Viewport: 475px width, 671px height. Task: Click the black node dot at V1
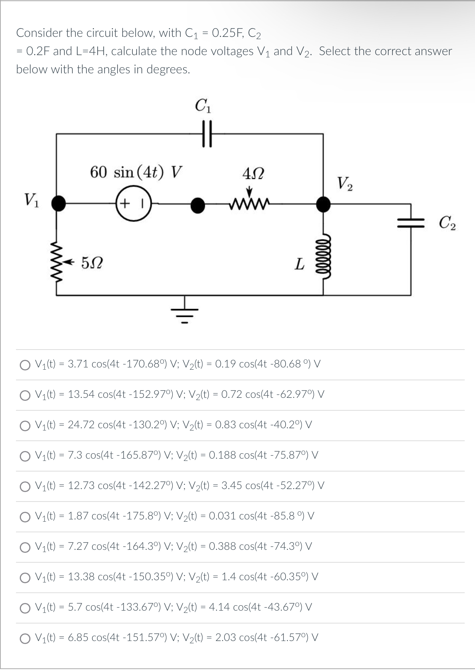point(58,203)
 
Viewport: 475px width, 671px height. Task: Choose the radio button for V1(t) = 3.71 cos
point(25,365)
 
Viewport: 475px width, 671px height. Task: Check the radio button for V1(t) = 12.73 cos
point(25,486)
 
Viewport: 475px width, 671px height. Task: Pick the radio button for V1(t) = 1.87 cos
point(25,517)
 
